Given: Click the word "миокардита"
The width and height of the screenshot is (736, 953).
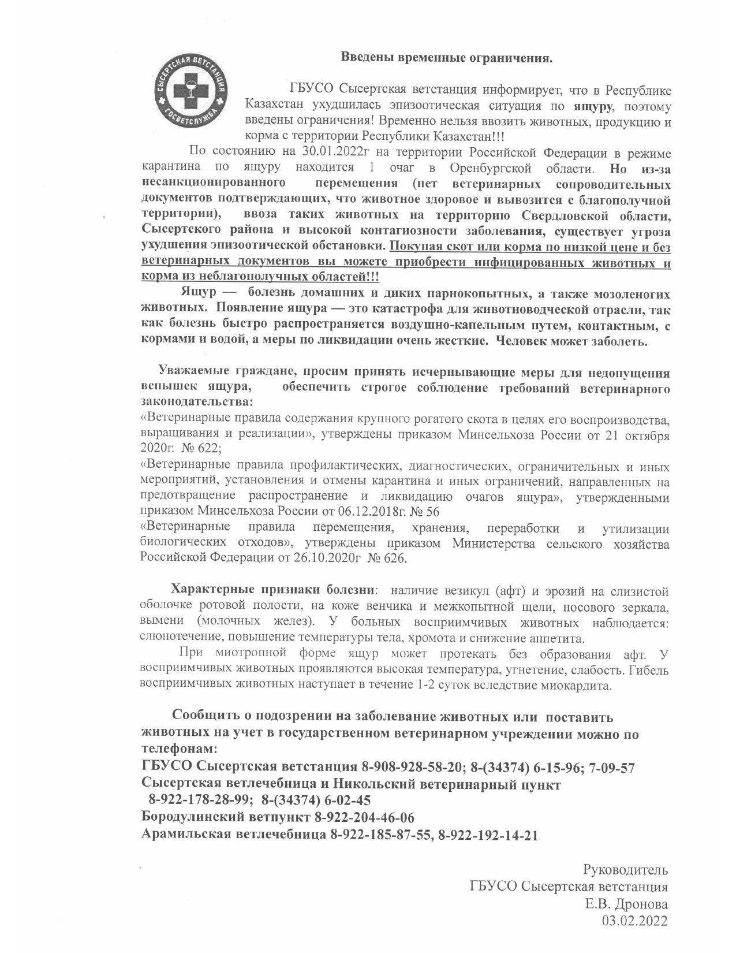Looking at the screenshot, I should click(578, 686).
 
